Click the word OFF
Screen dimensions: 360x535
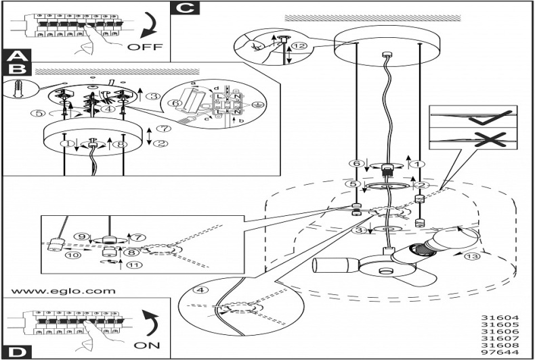click(x=145, y=47)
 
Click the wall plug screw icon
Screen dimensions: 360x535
click(x=18, y=88)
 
